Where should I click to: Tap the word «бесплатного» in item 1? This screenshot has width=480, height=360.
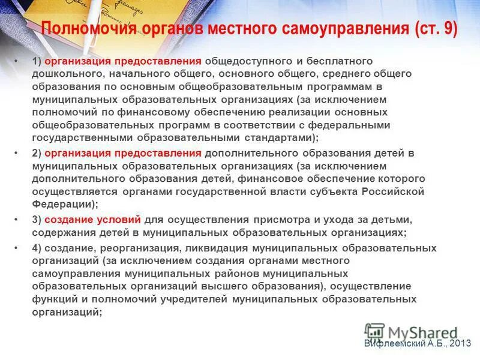tap(343, 61)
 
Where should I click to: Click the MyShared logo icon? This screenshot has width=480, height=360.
tap(374, 332)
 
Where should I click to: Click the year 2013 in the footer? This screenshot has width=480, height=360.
tap(460, 344)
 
